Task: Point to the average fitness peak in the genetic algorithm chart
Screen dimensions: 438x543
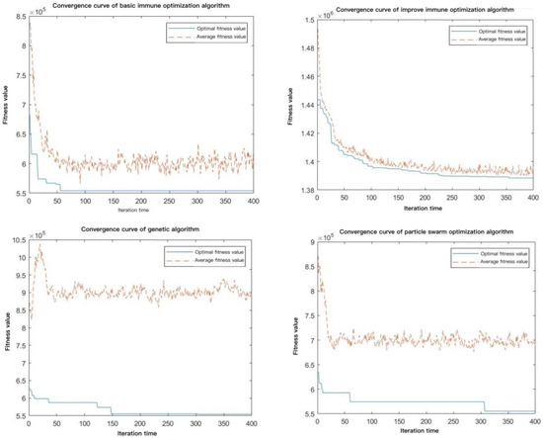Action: pos(39,250)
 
